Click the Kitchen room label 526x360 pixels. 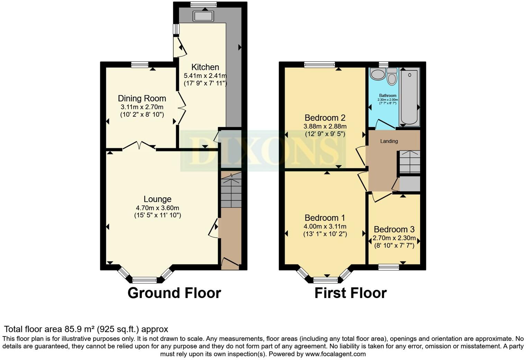pyautogui.click(x=205, y=67)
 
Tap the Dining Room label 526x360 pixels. pyautogui.click(x=142, y=98)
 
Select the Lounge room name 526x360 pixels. pyautogui.click(x=157, y=199)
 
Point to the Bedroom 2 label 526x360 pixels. pyautogui.click(x=325, y=118)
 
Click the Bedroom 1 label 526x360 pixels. pyautogui.click(x=325, y=218)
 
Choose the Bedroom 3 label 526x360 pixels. pyautogui.click(x=394, y=229)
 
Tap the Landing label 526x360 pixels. pyautogui.click(x=389, y=141)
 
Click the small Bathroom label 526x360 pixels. pyautogui.click(x=388, y=96)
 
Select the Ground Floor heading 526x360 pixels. pyautogui.click(x=174, y=293)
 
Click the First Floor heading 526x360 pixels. pyautogui.click(x=350, y=293)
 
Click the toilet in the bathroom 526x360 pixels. pyautogui.click(x=392, y=77)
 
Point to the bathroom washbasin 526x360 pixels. pyautogui.click(x=377, y=74)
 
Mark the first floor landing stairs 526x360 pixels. pyautogui.click(x=409, y=162)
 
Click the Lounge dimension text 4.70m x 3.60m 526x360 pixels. pyautogui.click(x=157, y=208)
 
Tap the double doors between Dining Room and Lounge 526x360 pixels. pyautogui.click(x=139, y=146)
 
